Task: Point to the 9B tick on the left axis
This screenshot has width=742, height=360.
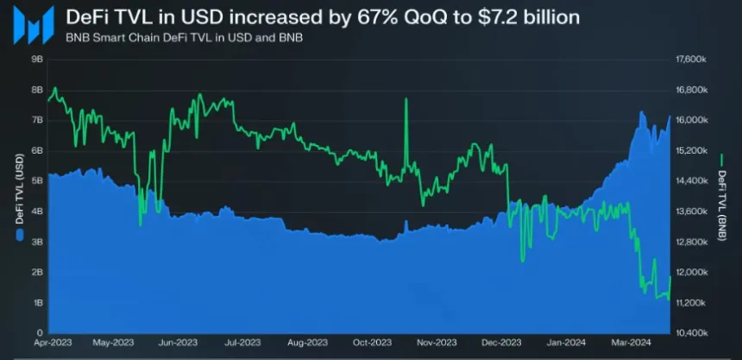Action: click(x=37, y=59)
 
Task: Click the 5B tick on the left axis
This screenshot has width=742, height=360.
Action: click(x=37, y=180)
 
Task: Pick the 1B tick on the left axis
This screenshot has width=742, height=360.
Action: click(x=37, y=302)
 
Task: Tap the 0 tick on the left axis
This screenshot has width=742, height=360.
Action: click(x=40, y=332)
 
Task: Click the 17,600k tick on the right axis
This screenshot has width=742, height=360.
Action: click(x=692, y=59)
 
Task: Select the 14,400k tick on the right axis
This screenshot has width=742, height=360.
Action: click(x=692, y=180)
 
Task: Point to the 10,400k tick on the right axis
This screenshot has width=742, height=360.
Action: click(x=692, y=332)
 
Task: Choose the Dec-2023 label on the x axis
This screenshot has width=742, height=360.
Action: click(x=501, y=343)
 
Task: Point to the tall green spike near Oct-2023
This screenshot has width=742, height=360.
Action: click(x=406, y=102)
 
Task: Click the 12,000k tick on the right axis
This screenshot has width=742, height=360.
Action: click(x=692, y=272)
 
